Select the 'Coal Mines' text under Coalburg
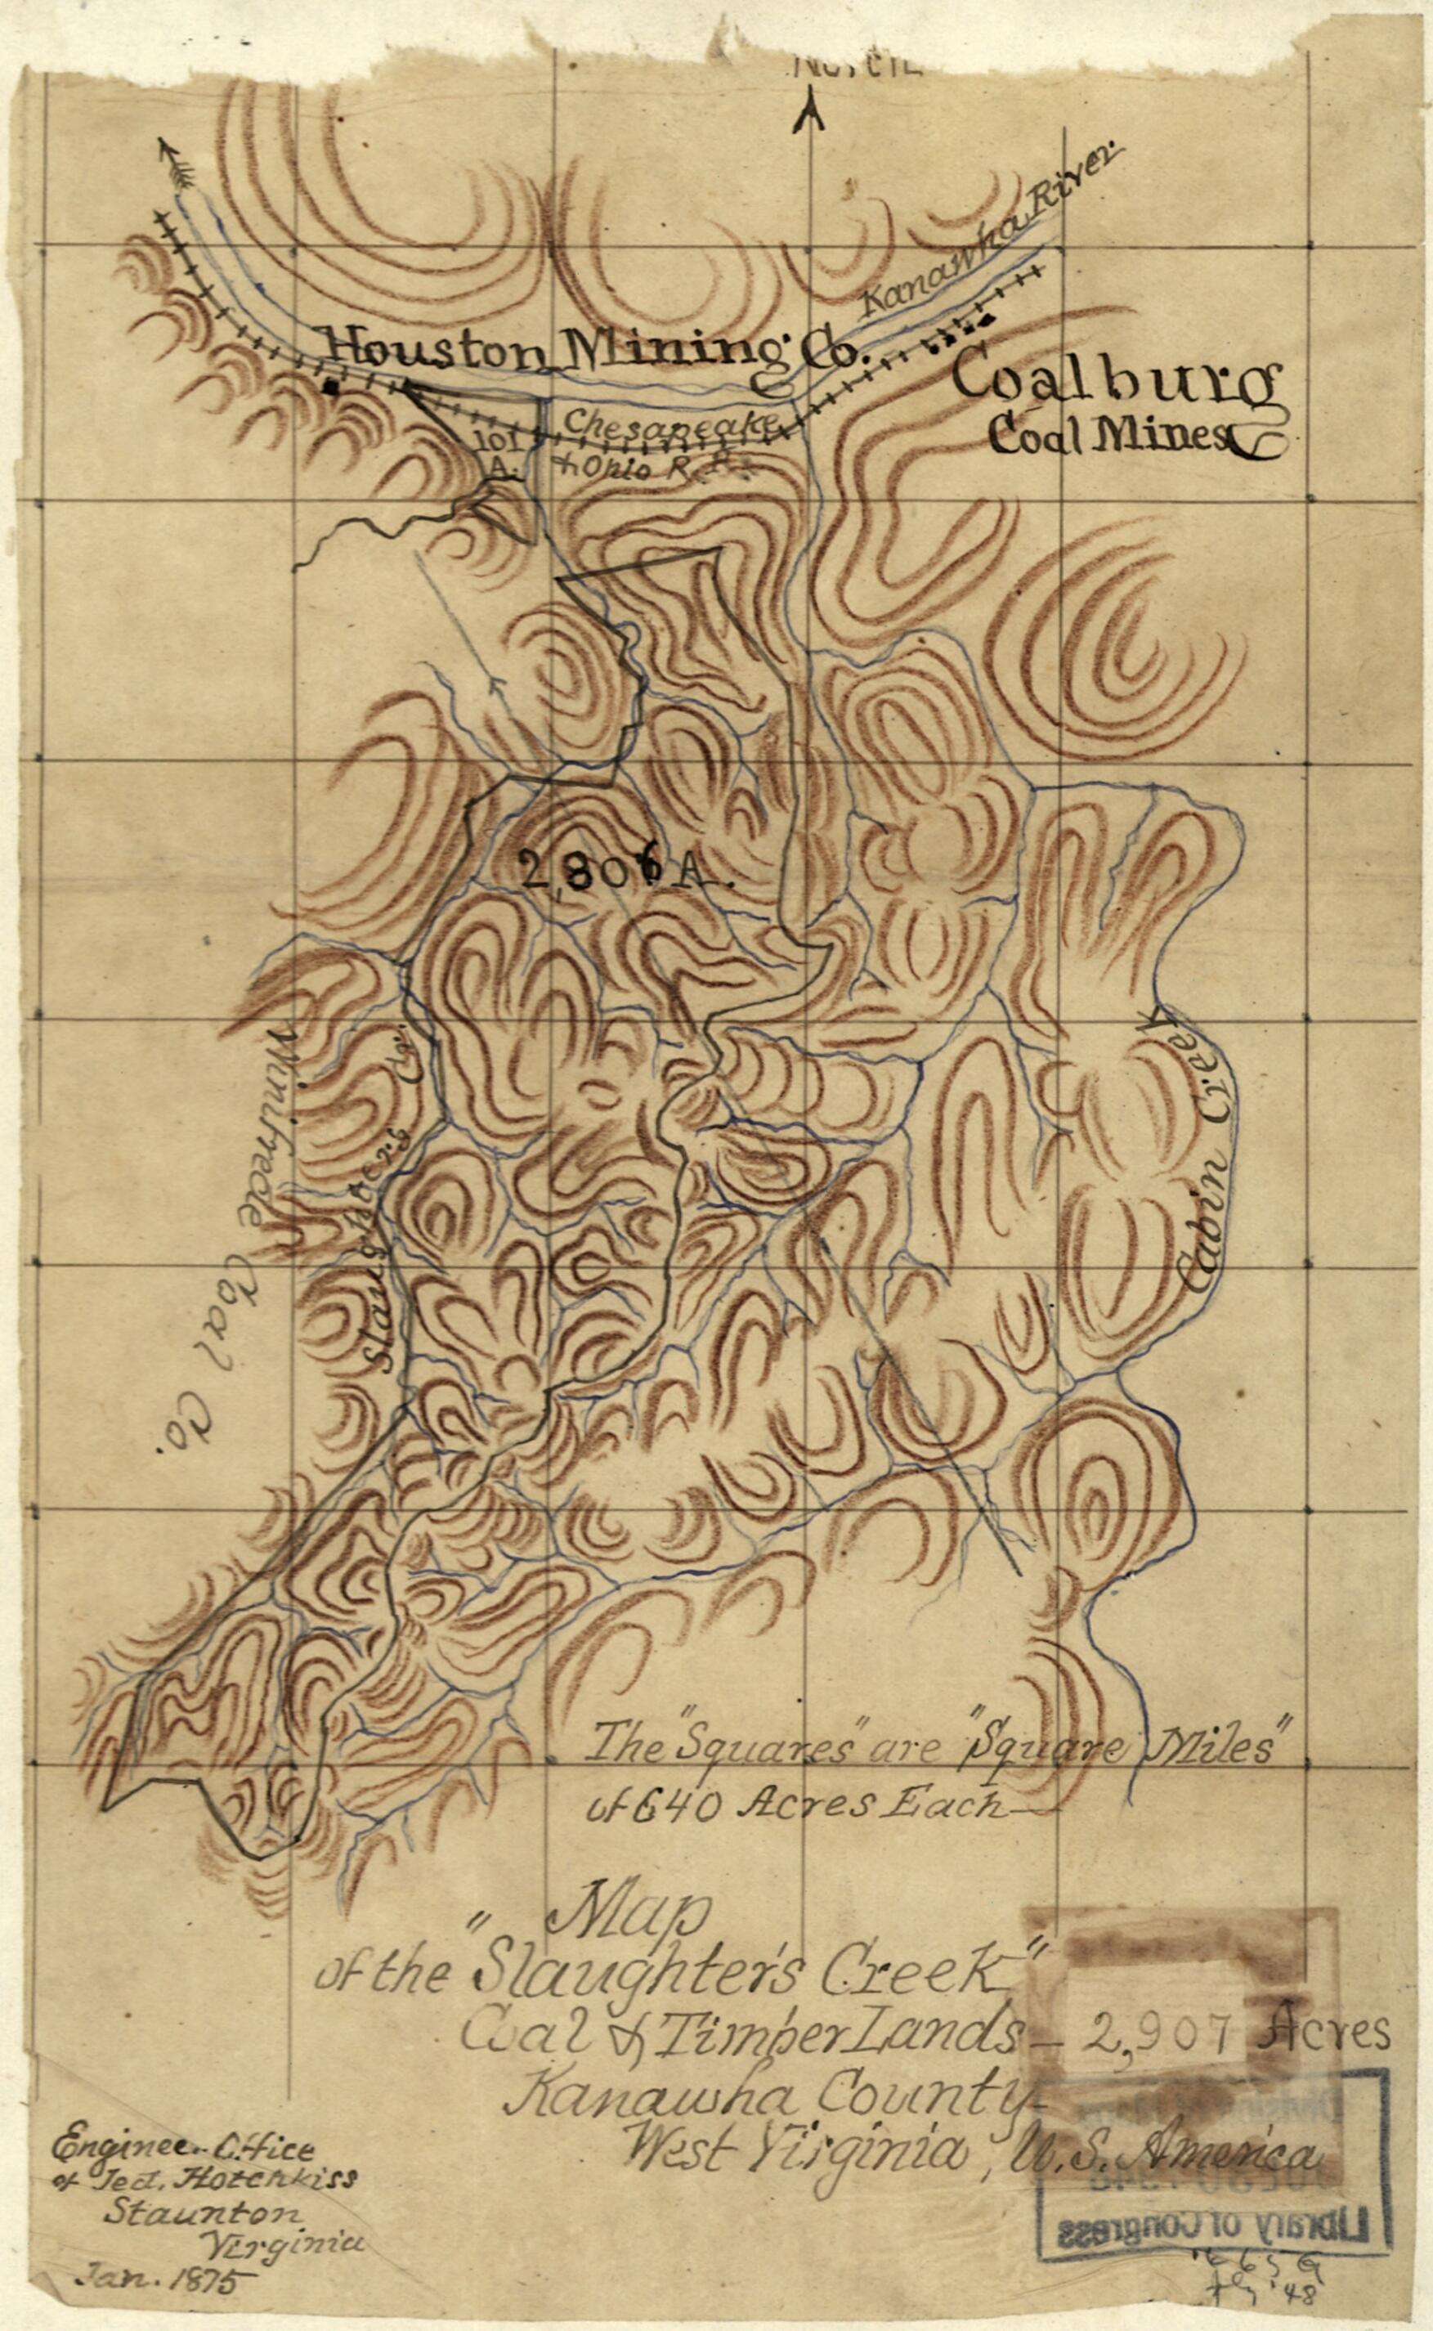point(1108,435)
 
